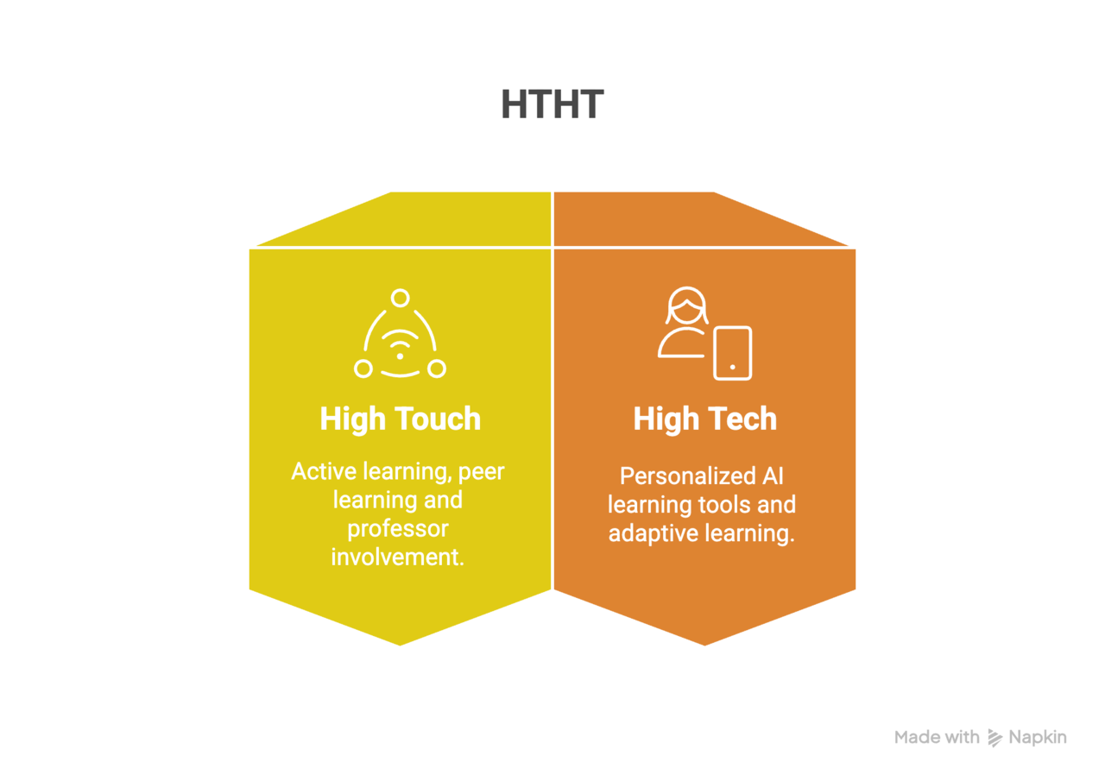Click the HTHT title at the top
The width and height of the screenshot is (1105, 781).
[x=552, y=104]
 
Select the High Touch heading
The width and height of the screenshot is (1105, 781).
[x=400, y=419]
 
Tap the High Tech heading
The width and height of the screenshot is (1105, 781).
[x=705, y=419]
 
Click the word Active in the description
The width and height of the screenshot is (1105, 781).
[x=324, y=471]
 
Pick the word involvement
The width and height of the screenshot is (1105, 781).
[x=398, y=557]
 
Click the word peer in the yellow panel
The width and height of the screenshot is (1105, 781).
[x=481, y=472]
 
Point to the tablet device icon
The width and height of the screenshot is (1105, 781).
[x=733, y=353]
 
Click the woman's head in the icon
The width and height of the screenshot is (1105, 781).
[x=686, y=305]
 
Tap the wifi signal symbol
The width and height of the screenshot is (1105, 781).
[x=400, y=343]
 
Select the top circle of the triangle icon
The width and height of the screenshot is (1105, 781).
[x=400, y=298]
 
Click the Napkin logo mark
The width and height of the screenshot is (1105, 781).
[x=995, y=738]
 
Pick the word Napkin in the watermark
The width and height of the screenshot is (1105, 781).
[x=1038, y=738]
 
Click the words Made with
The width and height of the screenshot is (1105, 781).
[x=937, y=737]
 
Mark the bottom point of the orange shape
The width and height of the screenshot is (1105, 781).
[x=704, y=646]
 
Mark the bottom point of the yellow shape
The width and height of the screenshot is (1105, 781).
[x=400, y=646]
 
